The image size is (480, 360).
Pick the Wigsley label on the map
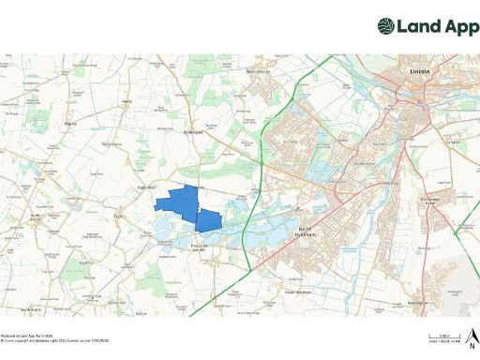pos(68,122)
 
